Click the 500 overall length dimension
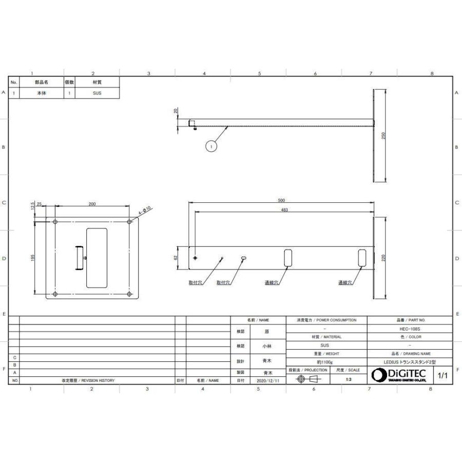281,200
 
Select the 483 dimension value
281,209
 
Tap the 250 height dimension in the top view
383,134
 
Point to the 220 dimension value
383,258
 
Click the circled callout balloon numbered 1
211,146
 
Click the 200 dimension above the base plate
92,204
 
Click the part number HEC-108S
410,329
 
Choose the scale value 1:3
349,379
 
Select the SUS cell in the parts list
97,94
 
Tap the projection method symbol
307,379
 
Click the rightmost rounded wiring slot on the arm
362,257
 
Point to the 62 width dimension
176,258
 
